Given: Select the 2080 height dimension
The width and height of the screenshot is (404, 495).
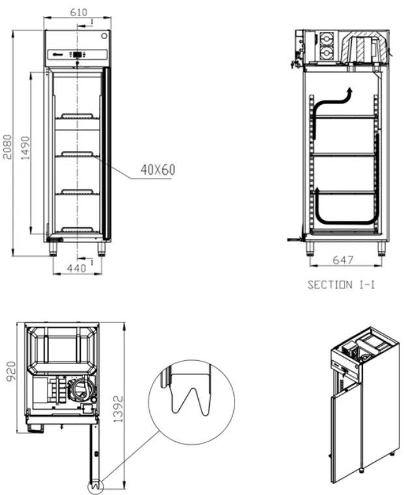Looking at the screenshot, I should (x=7, y=143).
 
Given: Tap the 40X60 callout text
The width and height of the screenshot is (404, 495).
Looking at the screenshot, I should (x=158, y=170).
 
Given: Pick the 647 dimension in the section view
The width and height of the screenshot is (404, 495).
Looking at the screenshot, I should (x=343, y=260).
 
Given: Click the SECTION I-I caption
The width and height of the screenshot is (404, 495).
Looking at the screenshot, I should (x=341, y=285).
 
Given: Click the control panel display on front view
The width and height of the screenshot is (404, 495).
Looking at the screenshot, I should (x=78, y=55).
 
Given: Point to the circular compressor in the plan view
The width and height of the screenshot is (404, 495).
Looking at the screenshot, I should (x=81, y=391).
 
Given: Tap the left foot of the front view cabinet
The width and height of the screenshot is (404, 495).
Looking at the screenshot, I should (x=50, y=248).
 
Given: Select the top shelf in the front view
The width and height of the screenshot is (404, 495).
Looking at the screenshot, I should (x=76, y=118).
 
